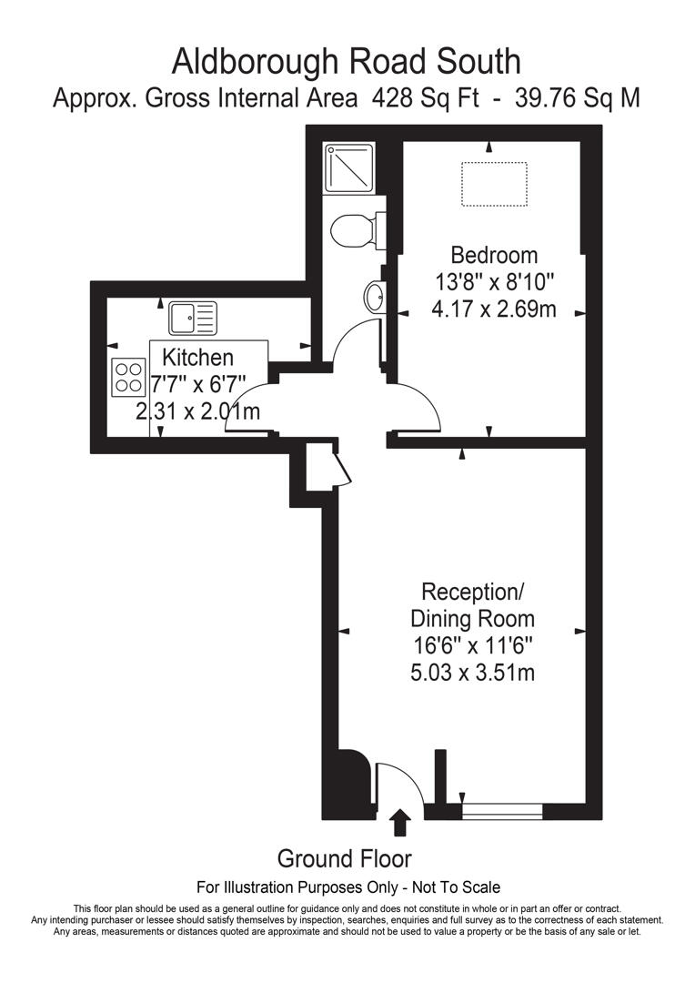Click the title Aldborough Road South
pyautogui.click(x=347, y=62)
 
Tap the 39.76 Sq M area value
pyautogui.click(x=577, y=98)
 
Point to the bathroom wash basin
pyautogui.click(x=375, y=297)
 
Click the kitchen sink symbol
pyautogui.click(x=193, y=318)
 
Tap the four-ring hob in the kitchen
pyautogui.click(x=128, y=377)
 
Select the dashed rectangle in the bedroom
pyautogui.click(x=494, y=185)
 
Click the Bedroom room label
pyautogui.click(x=494, y=255)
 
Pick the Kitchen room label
pyautogui.click(x=197, y=358)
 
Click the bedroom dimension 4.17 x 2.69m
pyautogui.click(x=494, y=309)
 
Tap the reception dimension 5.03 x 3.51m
pyautogui.click(x=472, y=674)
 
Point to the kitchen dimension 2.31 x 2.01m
pyautogui.click(x=197, y=411)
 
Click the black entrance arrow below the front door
pyautogui.click(x=398, y=824)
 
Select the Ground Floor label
pyautogui.click(x=344, y=858)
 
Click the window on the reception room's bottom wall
pyautogui.click(x=502, y=807)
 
